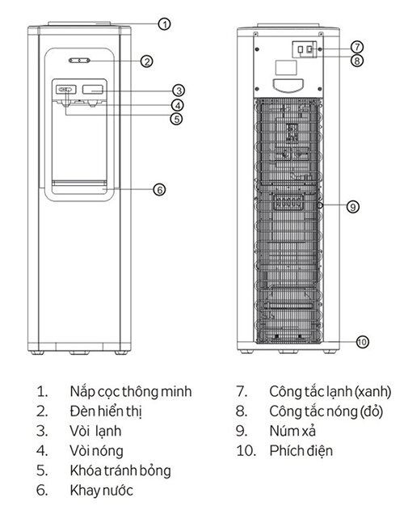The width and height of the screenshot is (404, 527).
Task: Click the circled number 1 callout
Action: coord(164,24)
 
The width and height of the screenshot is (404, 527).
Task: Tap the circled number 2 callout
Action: coord(146,61)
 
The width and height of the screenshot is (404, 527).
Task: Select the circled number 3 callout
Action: coord(179,91)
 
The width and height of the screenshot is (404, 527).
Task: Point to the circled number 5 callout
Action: coord(176,119)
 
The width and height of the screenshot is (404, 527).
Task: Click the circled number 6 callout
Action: coord(160,190)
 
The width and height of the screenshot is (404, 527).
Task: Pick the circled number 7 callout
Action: coord(357,46)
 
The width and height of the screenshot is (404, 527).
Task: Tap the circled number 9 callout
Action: coord(353,206)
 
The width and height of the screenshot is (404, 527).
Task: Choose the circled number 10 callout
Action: coord(362,342)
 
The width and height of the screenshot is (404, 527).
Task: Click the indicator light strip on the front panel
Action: coord(80,61)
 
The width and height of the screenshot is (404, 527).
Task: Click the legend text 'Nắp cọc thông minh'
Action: coord(131,392)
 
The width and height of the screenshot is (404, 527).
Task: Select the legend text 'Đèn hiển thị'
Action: coord(106,411)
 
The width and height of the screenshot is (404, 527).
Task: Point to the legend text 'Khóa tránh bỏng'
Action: coord(120,471)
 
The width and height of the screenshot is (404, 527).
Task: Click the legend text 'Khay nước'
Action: coord(102,491)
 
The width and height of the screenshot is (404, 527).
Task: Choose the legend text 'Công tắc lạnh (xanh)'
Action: coord(330,392)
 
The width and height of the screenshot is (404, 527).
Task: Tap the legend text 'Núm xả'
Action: coord(292,431)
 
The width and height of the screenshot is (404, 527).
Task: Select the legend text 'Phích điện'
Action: coord(301,451)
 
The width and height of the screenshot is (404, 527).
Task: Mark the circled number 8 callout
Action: coord(357,61)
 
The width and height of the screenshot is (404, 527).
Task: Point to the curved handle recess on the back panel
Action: coord(288,86)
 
